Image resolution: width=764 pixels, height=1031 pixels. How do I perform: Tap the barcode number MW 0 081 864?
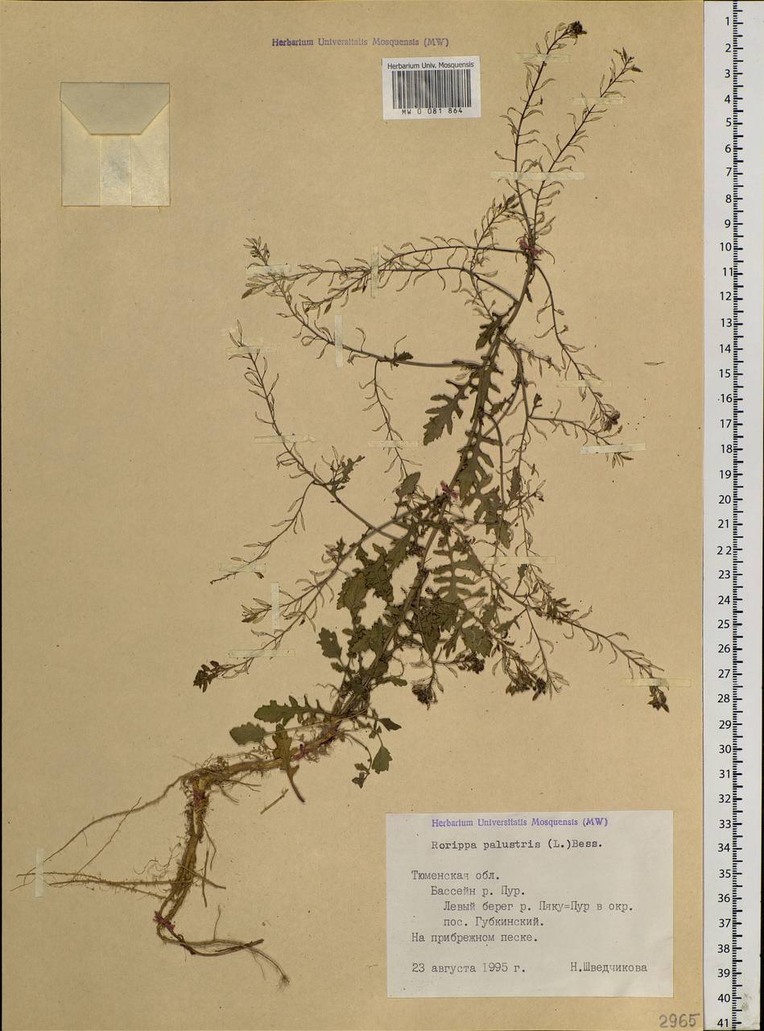tap(431, 113)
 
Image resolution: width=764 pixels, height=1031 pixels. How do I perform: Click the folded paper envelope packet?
tap(114, 143)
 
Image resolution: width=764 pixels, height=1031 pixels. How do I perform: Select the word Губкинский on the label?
tap(507, 921)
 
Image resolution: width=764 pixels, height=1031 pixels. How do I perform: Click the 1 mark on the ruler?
tap(727, 22)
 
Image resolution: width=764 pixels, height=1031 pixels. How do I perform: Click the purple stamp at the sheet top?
tap(359, 43)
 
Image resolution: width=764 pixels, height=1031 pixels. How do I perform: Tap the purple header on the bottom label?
tap(519, 822)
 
